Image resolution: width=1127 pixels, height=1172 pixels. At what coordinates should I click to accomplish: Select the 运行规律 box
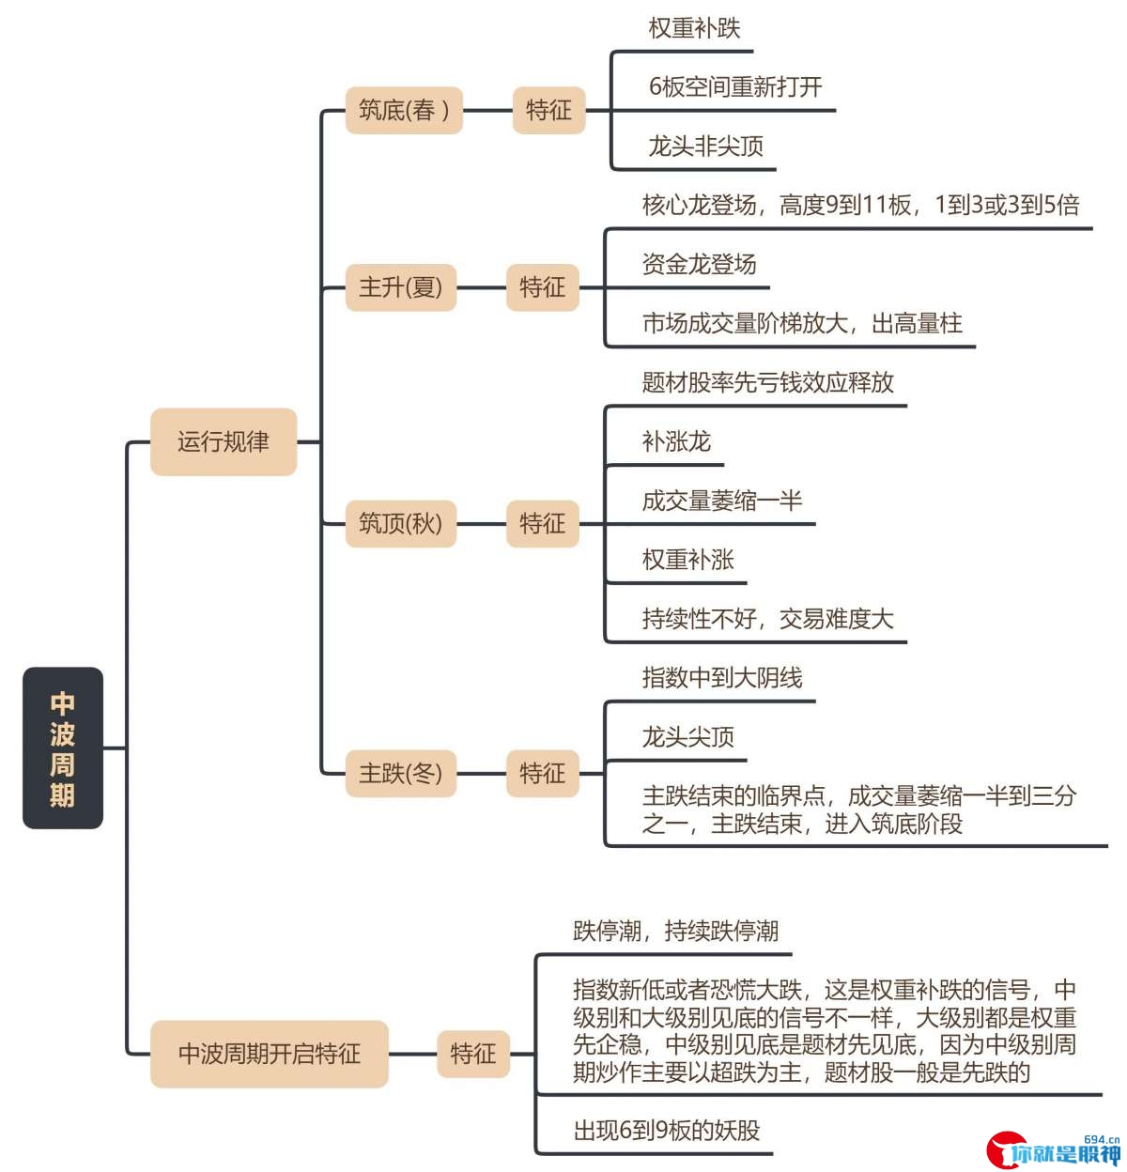click(224, 441)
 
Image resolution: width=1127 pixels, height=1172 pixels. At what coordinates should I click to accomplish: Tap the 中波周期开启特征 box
click(270, 1054)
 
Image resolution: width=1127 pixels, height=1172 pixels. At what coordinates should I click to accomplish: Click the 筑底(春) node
click(404, 110)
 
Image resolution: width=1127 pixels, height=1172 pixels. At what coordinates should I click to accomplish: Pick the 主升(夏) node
click(401, 287)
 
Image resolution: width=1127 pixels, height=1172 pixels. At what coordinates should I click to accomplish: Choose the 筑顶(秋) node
click(401, 523)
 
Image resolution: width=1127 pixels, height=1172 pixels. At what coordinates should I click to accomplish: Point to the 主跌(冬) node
click(401, 773)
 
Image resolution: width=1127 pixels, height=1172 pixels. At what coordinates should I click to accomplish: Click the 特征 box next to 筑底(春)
click(548, 110)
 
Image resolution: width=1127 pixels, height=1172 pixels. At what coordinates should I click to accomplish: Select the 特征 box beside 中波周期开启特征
click(473, 1054)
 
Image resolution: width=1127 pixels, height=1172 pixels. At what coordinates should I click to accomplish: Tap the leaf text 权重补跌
click(694, 28)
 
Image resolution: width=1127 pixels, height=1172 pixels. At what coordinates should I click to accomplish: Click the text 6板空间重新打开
click(735, 86)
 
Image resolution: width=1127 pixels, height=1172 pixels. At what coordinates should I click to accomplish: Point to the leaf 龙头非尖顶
click(706, 146)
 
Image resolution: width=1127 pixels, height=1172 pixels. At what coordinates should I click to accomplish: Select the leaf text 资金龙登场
click(700, 264)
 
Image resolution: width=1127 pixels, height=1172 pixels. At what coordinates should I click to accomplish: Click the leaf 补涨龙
click(676, 441)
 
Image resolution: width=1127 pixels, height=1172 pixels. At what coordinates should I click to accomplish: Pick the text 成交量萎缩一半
click(722, 501)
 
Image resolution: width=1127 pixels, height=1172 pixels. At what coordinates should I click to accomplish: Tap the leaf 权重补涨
click(687, 560)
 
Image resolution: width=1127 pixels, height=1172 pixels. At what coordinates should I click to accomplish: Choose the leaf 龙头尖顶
click(687, 736)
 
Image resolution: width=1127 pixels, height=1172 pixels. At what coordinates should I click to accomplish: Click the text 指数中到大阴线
click(722, 677)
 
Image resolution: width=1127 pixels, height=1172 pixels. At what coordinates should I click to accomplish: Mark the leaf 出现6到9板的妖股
click(667, 1130)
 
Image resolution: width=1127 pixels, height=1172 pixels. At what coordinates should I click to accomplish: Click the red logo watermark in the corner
click(1053, 1150)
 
